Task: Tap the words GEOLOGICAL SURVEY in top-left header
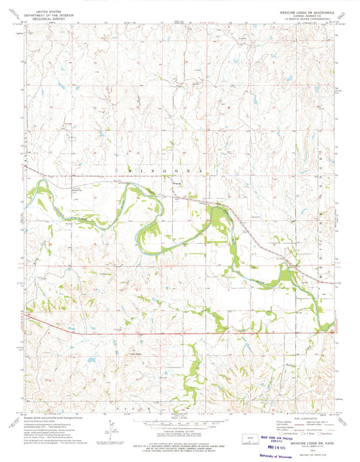pos(46,18)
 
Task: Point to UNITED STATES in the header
pos(47,11)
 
